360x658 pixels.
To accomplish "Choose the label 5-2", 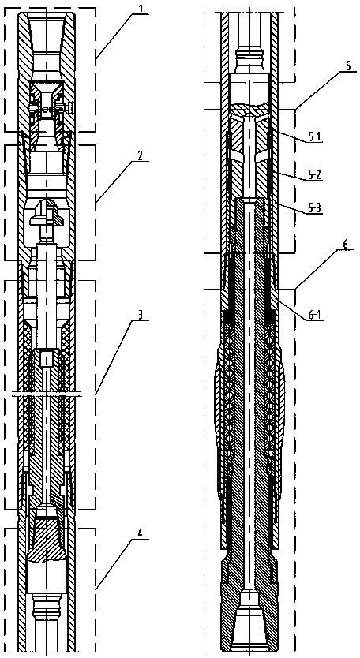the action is pyautogui.click(x=312, y=174).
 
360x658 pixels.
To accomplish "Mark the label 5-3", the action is pyautogui.click(x=312, y=208).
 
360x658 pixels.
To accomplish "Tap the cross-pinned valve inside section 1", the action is pyautogui.click(x=47, y=108).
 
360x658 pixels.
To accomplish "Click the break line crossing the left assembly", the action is pyautogui.click(x=47, y=394).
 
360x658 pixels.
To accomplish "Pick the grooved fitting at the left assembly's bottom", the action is pyautogui.click(x=47, y=608).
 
